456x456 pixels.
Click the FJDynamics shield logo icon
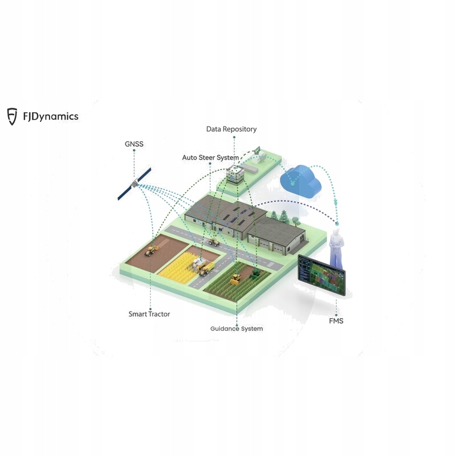coord(12,116)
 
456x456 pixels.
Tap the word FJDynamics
coord(51,117)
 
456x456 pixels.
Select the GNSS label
coord(135,144)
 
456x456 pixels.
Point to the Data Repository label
coord(231,129)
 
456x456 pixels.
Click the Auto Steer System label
coord(210,157)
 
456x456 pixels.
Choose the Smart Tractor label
coord(149,314)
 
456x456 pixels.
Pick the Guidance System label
coord(237,329)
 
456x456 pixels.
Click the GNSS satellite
coord(135,184)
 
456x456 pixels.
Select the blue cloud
coord(302,181)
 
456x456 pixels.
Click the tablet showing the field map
coord(322,275)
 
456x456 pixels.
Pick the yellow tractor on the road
coord(214,242)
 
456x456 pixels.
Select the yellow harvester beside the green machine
coord(235,279)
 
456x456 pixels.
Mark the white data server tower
coord(233,173)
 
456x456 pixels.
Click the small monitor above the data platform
coord(258,151)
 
